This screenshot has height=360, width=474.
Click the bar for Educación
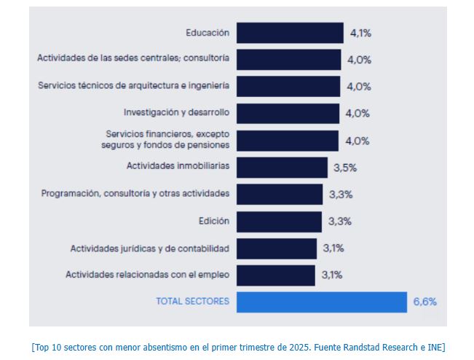[x=290, y=33]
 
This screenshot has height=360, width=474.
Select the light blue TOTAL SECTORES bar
[x=321, y=302]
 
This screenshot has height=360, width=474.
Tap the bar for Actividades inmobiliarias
[x=282, y=167]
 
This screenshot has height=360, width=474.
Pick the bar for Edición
[x=279, y=221]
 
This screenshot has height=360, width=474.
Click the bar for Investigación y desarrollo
[x=288, y=113]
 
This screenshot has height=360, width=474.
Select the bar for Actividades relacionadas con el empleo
[x=275, y=275]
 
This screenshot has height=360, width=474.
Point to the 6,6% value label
[x=424, y=302]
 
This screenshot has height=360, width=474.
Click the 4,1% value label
[x=360, y=33]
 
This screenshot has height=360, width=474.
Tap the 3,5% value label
[x=344, y=168]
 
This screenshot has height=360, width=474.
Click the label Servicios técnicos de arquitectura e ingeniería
[x=133, y=86]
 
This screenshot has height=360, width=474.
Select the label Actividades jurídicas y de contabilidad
[x=149, y=249]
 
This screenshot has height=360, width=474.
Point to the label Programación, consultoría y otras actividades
[x=135, y=194]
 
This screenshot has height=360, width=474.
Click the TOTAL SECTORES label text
[x=192, y=302]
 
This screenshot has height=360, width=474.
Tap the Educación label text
[x=208, y=33]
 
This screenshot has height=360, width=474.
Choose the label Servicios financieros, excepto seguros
[x=167, y=140]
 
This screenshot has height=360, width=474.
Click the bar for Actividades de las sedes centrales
[x=288, y=59]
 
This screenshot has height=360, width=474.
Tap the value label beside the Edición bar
[x=340, y=222]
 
